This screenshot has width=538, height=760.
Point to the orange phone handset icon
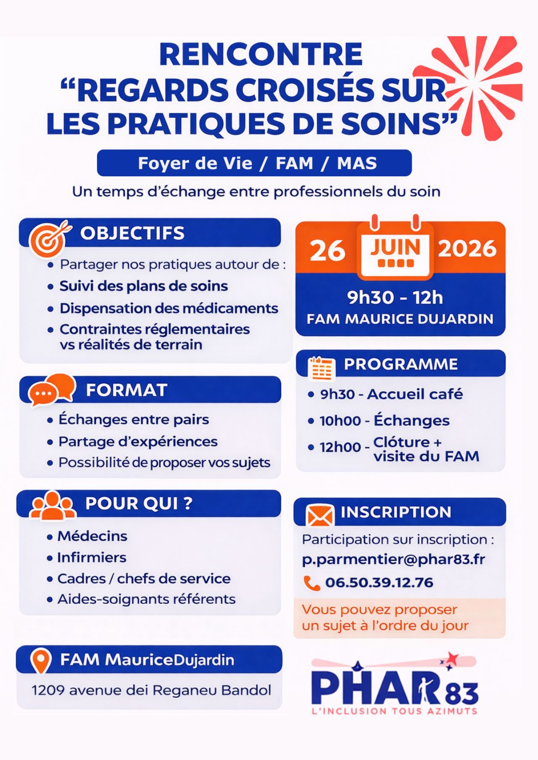coord(311,583)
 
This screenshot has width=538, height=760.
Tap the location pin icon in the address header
coord(40,660)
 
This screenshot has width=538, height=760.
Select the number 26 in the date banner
coord(327,251)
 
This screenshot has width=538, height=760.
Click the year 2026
coord(467,249)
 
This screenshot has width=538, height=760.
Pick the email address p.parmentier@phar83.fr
coord(393,560)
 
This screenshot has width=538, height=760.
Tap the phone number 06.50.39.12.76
coord(379,583)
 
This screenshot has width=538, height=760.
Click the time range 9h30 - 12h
coord(395,298)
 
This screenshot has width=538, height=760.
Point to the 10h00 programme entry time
coord(340,421)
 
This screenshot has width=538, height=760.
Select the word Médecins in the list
coord(92,536)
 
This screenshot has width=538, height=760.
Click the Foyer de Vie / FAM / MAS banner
coord(254,163)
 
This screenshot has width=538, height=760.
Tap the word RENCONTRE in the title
coord(261,55)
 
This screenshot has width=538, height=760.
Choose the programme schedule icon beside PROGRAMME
coord(322,368)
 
